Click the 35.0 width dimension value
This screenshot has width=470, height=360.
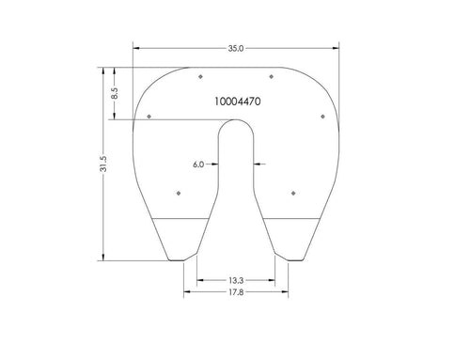(236, 49)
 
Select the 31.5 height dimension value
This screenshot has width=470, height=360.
(103, 164)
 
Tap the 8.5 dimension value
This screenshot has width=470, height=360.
(115, 94)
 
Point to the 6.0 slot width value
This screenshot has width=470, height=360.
(198, 164)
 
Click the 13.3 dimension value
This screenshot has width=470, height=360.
(236, 280)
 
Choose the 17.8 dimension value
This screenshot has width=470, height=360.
(236, 292)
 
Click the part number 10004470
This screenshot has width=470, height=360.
(238, 102)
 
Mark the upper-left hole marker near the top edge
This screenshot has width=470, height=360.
(200, 76)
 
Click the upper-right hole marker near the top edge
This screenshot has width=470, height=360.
(272, 76)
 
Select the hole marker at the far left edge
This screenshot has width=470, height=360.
(149, 117)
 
